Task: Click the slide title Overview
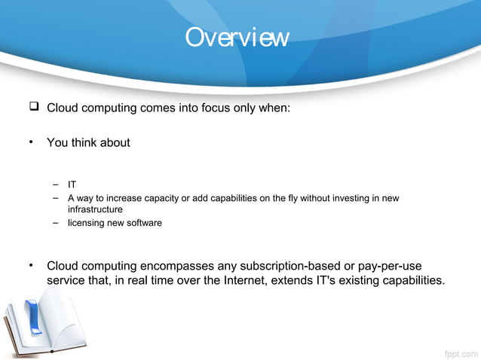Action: (237, 37)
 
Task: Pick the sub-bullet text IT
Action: (72, 184)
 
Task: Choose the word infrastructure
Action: (95, 209)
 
